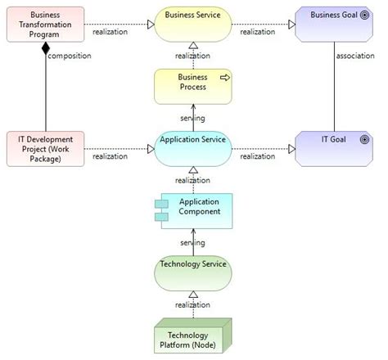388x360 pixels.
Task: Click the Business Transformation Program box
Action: (x=45, y=25)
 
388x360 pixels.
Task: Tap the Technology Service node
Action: (x=193, y=273)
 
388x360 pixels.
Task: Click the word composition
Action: (x=70, y=56)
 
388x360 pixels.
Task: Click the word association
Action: (x=356, y=56)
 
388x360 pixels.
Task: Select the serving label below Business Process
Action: (x=192, y=118)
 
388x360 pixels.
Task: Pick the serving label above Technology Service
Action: (x=192, y=242)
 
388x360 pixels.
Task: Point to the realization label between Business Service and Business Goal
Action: (x=258, y=32)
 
